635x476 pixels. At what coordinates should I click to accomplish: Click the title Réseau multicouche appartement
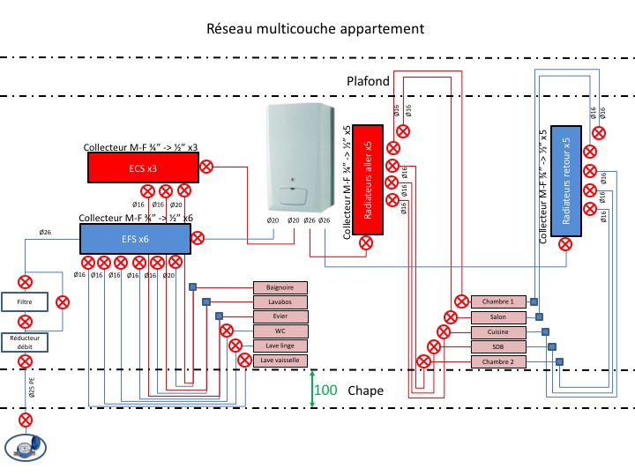click(316, 28)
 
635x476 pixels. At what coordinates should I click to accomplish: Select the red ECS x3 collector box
click(142, 167)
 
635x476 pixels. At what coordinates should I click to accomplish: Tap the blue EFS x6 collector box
click(135, 238)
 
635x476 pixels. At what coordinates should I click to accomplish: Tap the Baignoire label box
click(280, 287)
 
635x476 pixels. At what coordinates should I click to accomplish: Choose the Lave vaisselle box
click(280, 361)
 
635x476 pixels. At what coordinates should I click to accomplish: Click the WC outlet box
click(280, 331)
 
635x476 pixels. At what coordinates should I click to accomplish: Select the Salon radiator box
click(498, 317)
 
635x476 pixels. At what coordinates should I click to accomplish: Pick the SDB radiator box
click(498, 347)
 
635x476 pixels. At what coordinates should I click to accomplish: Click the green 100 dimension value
click(326, 390)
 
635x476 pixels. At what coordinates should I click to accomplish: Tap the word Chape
click(366, 390)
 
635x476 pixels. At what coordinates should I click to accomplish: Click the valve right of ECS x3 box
click(206, 166)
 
